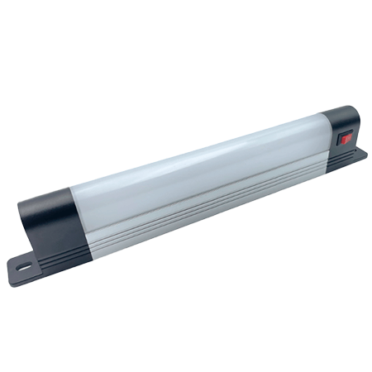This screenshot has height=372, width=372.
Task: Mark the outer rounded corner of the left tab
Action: (x=12, y=270)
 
